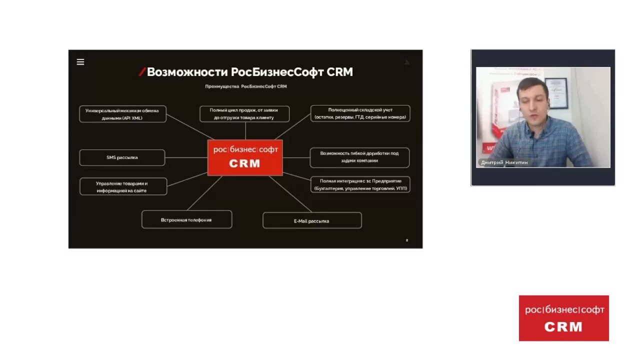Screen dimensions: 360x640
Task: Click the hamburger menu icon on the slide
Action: tap(80, 62)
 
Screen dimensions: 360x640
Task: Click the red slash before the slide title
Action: tap(142, 72)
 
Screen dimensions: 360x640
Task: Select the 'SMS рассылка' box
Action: tap(122, 157)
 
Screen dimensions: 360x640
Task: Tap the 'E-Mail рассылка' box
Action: tap(312, 220)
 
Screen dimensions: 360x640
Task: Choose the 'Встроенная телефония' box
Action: tap(186, 219)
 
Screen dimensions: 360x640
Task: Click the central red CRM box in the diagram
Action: tap(245, 157)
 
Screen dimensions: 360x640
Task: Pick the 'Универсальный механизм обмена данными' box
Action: tap(122, 114)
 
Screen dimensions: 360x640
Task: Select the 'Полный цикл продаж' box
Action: tap(244, 113)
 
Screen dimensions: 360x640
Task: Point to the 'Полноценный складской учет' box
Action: tap(360, 113)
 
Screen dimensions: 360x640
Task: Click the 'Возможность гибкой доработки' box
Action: tap(359, 157)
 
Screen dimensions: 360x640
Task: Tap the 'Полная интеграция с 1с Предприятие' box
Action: tap(360, 184)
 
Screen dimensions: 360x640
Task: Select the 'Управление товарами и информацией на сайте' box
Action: tap(123, 186)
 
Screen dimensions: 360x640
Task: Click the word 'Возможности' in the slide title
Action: tap(187, 72)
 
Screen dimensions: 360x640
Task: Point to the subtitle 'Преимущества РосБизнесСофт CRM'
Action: tap(245, 86)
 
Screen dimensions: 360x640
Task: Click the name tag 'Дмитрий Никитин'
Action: tap(504, 162)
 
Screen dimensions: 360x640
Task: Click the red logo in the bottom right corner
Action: tap(563, 318)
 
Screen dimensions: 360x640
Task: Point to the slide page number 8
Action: tap(406, 240)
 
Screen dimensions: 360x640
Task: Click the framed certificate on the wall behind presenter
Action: tap(555, 92)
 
